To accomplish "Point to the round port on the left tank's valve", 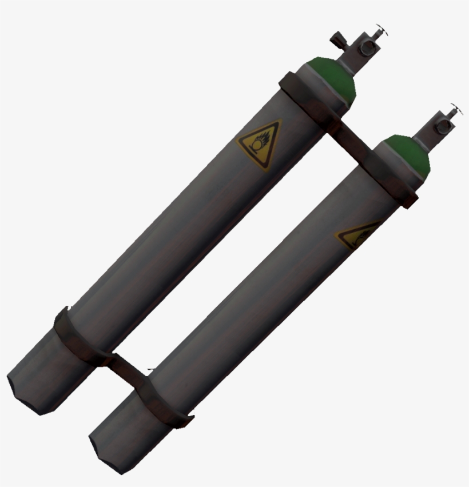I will pos(364,48).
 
